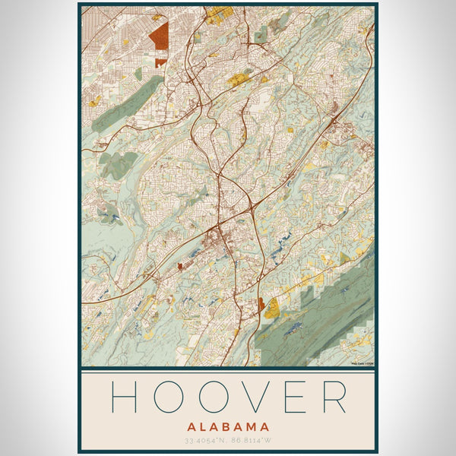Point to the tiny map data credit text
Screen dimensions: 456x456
(x=362, y=363)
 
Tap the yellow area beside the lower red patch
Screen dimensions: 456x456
(x=271, y=308)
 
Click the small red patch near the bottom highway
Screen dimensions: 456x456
(x=262, y=305)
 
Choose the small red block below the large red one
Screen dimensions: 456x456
(x=160, y=62)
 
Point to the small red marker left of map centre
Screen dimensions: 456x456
(x=180, y=266)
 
